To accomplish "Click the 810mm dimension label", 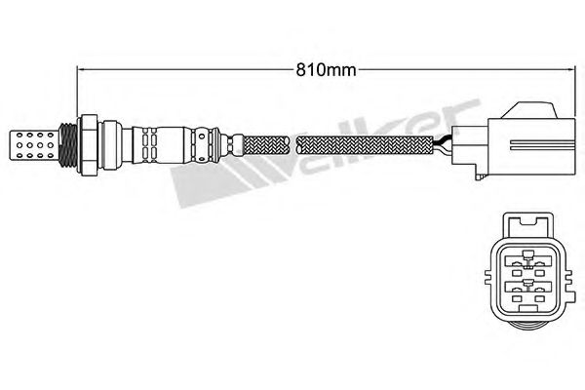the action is click(326, 70).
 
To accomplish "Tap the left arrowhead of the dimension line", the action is click(80, 69).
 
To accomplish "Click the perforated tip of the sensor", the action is click(33, 145).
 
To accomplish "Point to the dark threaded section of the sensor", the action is click(68, 145).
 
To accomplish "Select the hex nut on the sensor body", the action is click(88, 145).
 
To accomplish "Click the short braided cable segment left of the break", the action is click(266, 146).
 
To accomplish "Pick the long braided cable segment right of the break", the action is click(365, 146).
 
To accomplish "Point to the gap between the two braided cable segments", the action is click(293, 146).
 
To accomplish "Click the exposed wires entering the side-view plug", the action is click(443, 146).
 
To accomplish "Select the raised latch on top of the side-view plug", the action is click(528, 110).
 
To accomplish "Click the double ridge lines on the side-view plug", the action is click(542, 145).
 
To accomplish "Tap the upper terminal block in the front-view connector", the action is click(527, 260).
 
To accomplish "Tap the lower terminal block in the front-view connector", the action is click(527, 287).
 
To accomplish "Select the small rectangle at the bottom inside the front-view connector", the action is click(527, 309).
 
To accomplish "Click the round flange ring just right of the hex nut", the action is click(111, 145).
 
